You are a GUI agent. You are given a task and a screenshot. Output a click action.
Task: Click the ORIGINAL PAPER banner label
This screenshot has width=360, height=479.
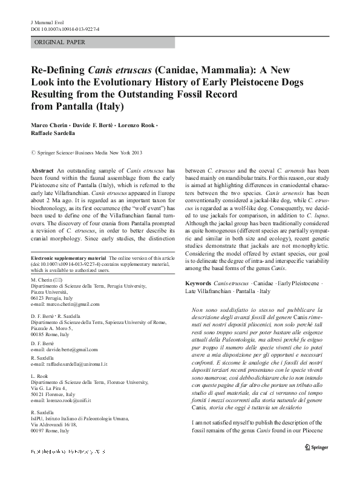(59, 42)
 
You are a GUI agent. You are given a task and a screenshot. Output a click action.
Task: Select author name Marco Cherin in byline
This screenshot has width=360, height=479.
(50, 125)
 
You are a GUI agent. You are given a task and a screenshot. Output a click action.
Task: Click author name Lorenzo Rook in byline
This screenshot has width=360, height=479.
(137, 125)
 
